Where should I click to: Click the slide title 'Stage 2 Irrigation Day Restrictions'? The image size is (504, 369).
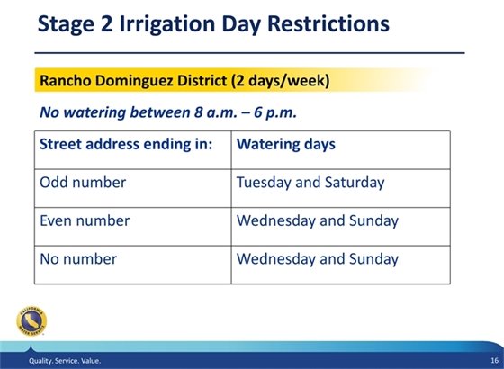[213, 24]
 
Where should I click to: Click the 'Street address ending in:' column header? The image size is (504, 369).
[126, 144]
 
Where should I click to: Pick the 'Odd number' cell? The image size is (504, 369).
[83, 183]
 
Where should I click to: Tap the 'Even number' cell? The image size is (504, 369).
[85, 220]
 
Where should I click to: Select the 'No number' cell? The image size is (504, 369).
[79, 259]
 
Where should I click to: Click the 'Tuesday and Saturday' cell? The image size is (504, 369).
[310, 183]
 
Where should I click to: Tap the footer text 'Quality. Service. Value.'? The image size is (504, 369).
[64, 361]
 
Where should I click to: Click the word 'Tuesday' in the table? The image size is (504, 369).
[264, 183]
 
